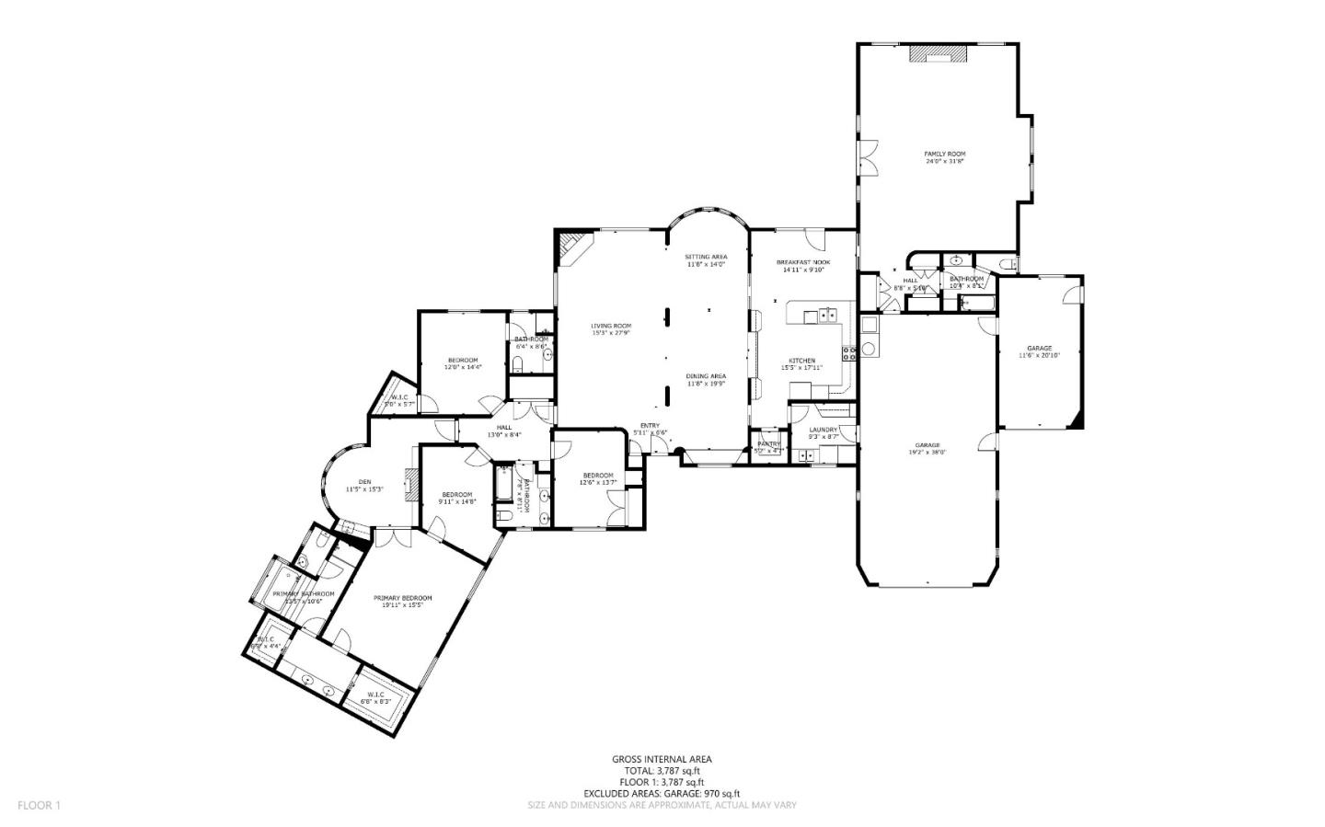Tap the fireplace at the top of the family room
click(939, 55)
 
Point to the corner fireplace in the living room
click(571, 247)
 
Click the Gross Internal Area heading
click(662, 759)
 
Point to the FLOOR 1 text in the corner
click(39, 805)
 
